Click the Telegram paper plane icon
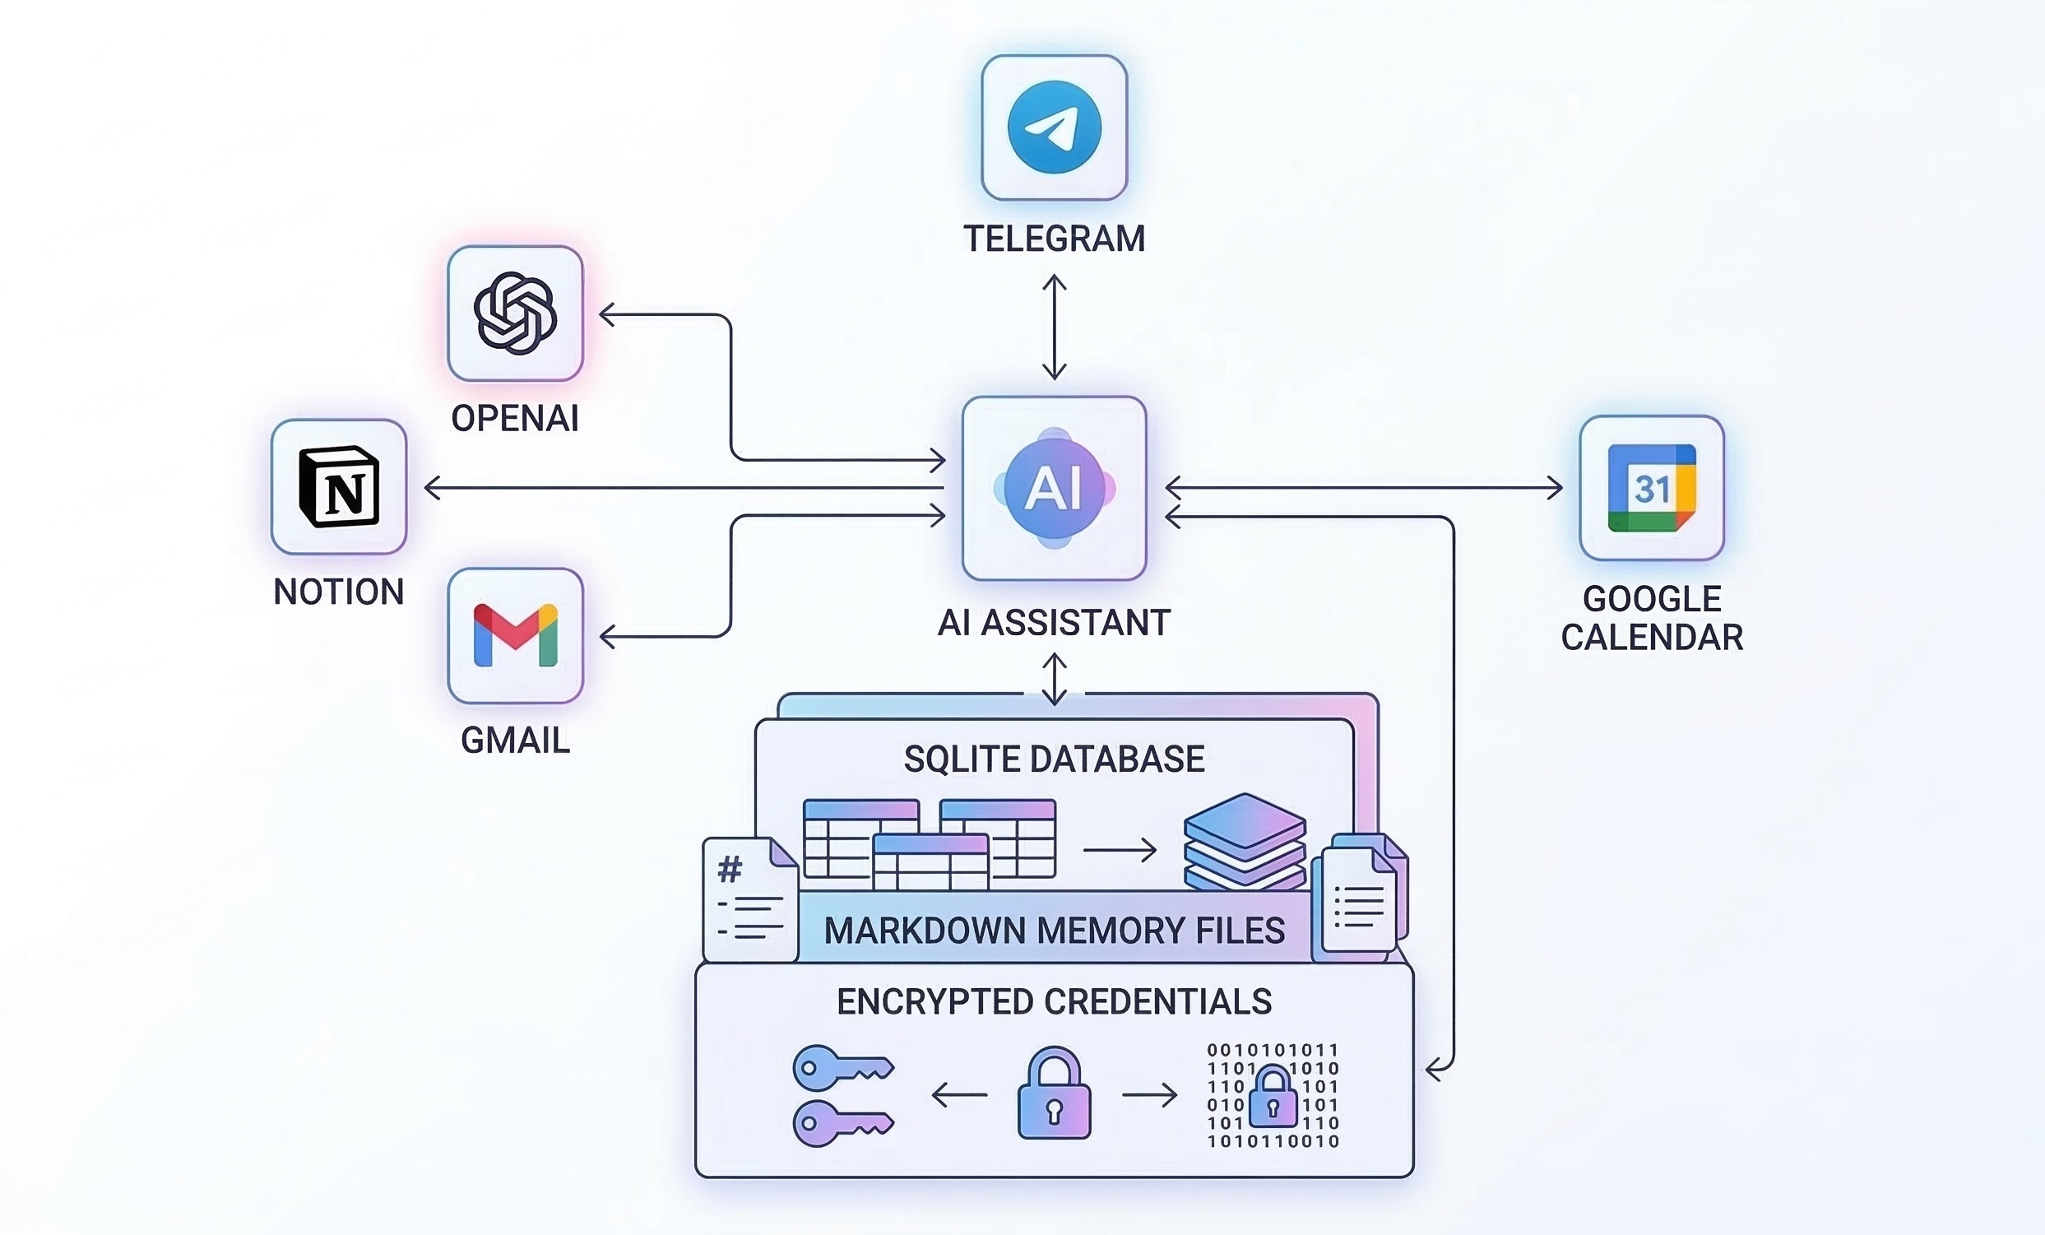[1054, 127]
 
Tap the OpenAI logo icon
[516, 313]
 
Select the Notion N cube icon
[339, 487]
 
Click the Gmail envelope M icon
[516, 636]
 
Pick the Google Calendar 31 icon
[1652, 488]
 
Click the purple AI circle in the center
[1054, 488]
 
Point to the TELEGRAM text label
[1054, 239]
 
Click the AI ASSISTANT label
[1054, 623]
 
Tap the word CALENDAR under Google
[1652, 638]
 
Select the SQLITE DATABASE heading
[1054, 759]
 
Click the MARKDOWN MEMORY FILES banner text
[1054, 931]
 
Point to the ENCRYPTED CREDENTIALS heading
[1054, 1002]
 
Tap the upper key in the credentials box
[840, 1067]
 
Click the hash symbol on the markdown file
[730, 870]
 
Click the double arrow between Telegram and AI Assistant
[1054, 327]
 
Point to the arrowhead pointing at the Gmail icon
[607, 637]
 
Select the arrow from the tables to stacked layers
[1120, 850]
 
